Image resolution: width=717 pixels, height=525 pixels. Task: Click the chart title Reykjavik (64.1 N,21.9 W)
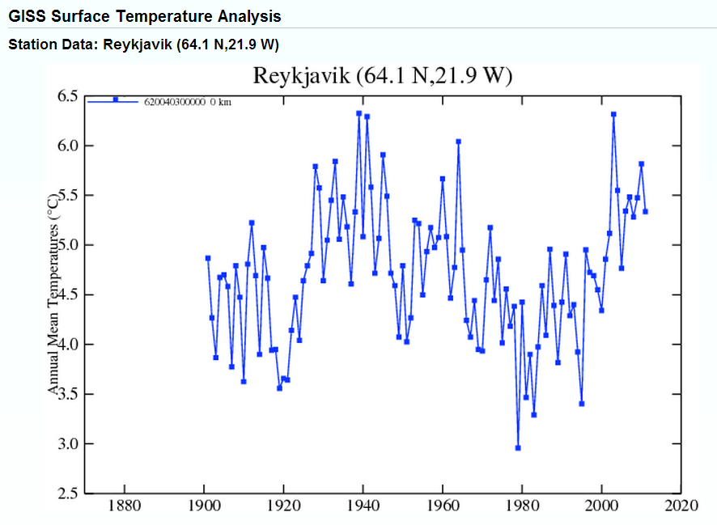tap(382, 76)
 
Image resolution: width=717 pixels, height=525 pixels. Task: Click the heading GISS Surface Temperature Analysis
tap(145, 15)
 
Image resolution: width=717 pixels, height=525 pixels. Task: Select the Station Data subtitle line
tap(149, 44)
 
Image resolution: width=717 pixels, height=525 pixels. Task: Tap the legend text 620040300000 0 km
tap(187, 103)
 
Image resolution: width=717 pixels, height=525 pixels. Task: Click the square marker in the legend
tap(116, 99)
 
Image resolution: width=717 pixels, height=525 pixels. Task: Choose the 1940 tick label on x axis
tap(363, 507)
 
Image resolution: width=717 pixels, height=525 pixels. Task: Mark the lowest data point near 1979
tap(518, 447)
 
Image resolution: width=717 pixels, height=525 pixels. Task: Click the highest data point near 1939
tap(358, 113)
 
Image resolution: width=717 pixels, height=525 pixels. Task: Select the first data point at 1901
tap(208, 258)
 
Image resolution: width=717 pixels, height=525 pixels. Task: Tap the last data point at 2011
tap(645, 212)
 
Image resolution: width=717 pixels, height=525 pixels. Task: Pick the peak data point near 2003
tap(613, 114)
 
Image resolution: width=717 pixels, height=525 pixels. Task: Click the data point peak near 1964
tap(458, 142)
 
